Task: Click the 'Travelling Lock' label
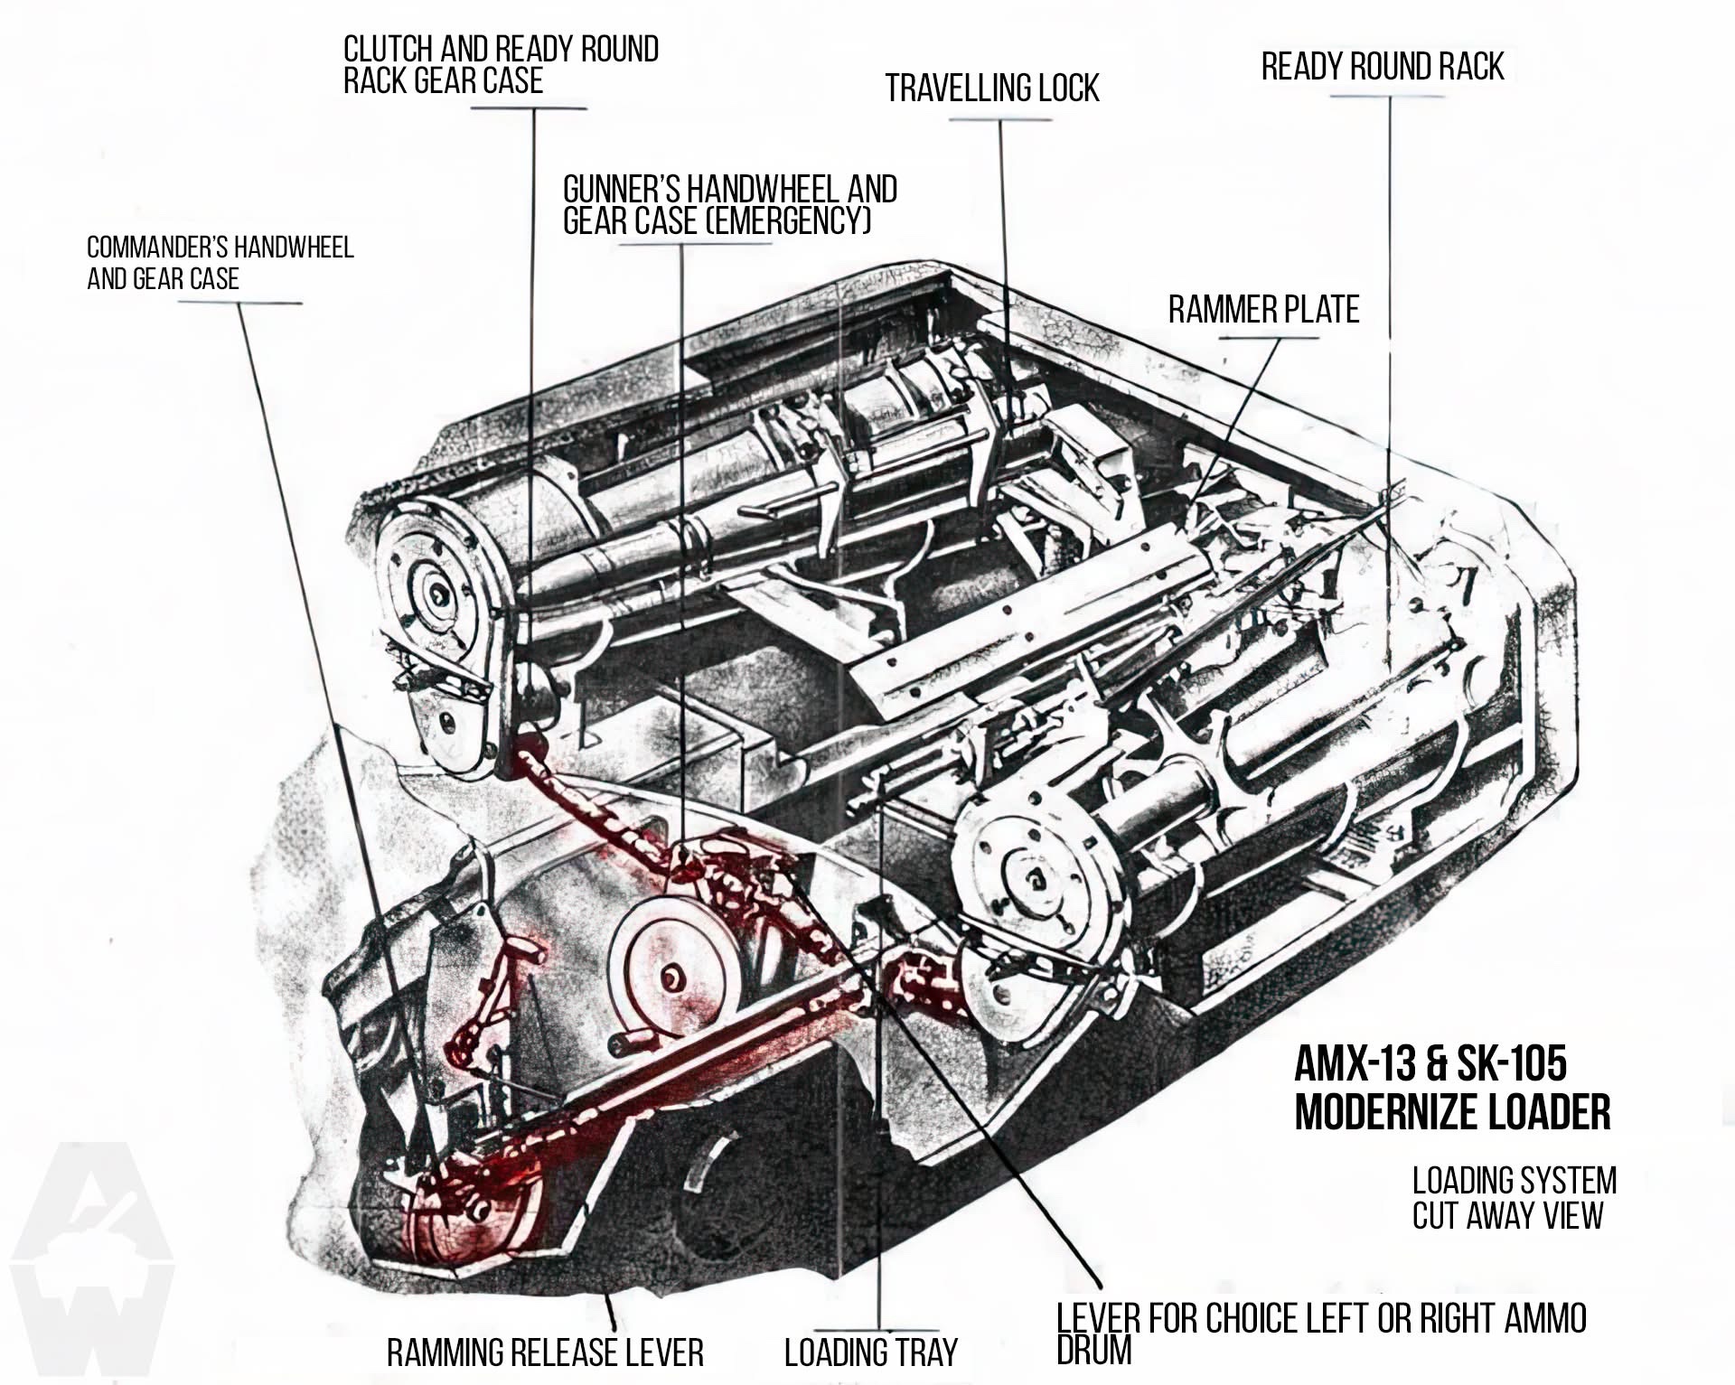tap(991, 89)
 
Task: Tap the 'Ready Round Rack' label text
tap(1382, 67)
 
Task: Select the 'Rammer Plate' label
tap(1263, 310)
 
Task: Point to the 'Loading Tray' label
tap(870, 1352)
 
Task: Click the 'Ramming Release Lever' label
tap(545, 1352)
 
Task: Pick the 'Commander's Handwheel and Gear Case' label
tap(220, 263)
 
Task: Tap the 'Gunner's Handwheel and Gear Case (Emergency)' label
tap(729, 205)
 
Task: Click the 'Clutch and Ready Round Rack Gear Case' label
tap(501, 64)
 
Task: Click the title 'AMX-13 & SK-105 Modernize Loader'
tap(1451, 1089)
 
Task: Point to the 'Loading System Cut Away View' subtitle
tap(1515, 1197)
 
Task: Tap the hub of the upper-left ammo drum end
tap(437, 594)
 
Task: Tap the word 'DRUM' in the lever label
tap(1093, 1350)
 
